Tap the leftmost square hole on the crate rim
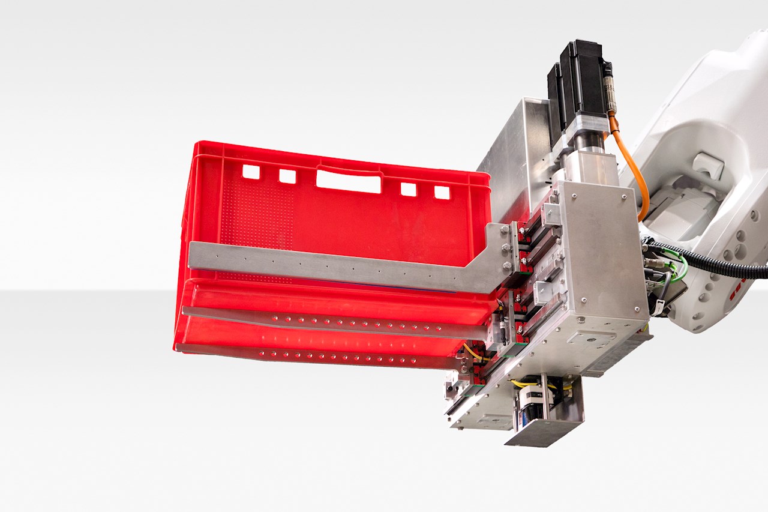tap(251, 172)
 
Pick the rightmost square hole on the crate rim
tap(442, 192)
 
